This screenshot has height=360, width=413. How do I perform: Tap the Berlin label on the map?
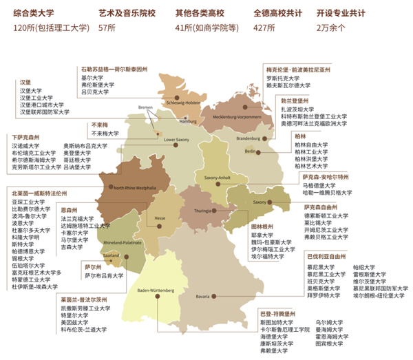pyautogui.click(x=249, y=151)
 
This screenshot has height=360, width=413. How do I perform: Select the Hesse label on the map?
pyautogui.click(x=160, y=218)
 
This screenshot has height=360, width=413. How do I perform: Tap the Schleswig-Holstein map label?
pyautogui.click(x=182, y=103)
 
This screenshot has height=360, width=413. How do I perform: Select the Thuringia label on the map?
pyautogui.click(x=202, y=211)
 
